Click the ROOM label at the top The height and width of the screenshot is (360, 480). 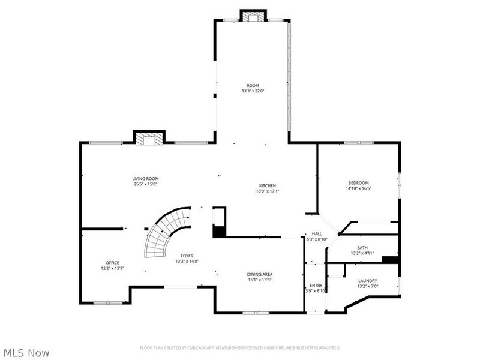click(253, 86)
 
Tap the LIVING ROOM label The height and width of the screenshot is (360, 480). click(146, 178)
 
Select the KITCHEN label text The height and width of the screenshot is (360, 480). click(267, 185)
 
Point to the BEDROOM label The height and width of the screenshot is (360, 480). click(358, 182)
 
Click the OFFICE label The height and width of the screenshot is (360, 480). click(112, 262)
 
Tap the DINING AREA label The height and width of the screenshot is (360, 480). click(260, 274)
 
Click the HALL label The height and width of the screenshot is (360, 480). click(316, 234)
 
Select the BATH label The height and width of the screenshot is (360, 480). click(362, 247)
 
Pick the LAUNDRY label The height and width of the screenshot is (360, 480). click(367, 280)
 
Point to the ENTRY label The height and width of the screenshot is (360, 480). click(316, 286)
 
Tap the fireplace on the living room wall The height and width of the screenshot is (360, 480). click(148, 139)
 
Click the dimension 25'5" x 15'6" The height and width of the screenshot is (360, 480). click(146, 184)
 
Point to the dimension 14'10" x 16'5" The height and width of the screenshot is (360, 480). click(358, 188)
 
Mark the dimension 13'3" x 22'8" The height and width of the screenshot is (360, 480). click(253, 92)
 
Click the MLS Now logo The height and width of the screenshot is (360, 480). click(26, 353)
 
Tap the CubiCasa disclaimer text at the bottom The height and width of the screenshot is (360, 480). click(240, 347)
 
